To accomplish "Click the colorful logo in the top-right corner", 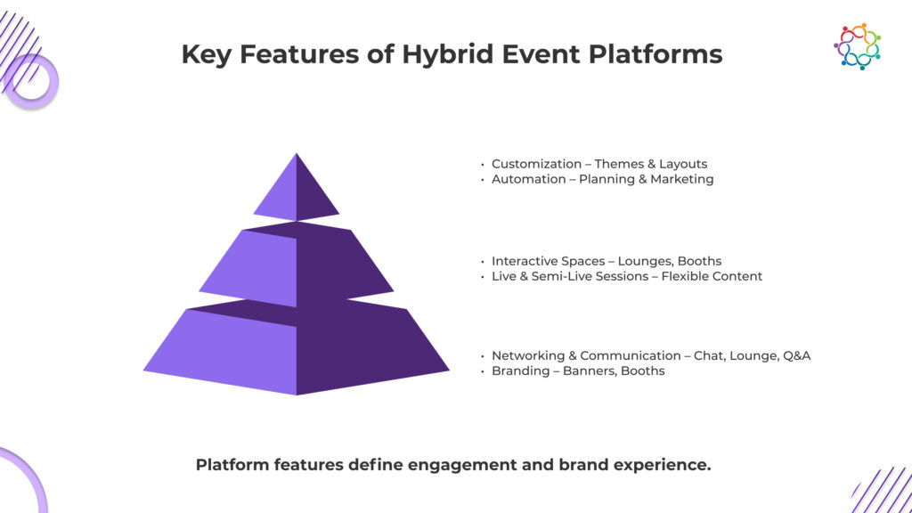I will pyautogui.click(x=857, y=45).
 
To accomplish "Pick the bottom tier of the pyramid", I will pyautogui.click(x=297, y=352).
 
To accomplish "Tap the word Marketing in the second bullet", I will pyautogui.click(x=681, y=179).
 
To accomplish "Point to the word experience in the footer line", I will pyautogui.click(x=663, y=465).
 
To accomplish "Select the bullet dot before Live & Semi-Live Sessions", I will pyautogui.click(x=483, y=277).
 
